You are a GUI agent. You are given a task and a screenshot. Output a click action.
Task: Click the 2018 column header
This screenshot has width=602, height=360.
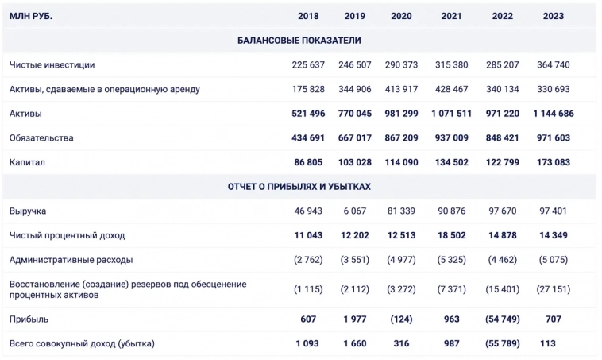308,16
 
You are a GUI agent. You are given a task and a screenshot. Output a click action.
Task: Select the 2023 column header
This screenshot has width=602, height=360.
554,16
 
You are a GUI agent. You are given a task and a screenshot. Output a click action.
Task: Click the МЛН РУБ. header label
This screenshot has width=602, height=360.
31,16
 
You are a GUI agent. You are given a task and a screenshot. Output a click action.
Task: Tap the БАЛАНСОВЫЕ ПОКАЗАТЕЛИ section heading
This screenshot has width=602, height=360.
299,40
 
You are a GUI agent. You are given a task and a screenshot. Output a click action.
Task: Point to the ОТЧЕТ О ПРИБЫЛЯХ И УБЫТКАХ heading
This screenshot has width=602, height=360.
299,187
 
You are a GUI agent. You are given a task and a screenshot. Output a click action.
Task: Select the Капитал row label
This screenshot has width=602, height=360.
28,162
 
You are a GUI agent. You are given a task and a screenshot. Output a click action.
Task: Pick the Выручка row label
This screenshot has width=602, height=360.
28,211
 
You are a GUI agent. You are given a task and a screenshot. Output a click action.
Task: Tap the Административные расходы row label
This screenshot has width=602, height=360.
71,260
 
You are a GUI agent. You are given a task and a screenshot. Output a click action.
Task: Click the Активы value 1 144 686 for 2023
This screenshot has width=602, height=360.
554,114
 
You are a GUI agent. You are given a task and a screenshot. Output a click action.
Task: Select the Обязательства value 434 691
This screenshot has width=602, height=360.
308,138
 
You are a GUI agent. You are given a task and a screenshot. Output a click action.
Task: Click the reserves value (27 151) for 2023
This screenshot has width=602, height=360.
554,289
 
